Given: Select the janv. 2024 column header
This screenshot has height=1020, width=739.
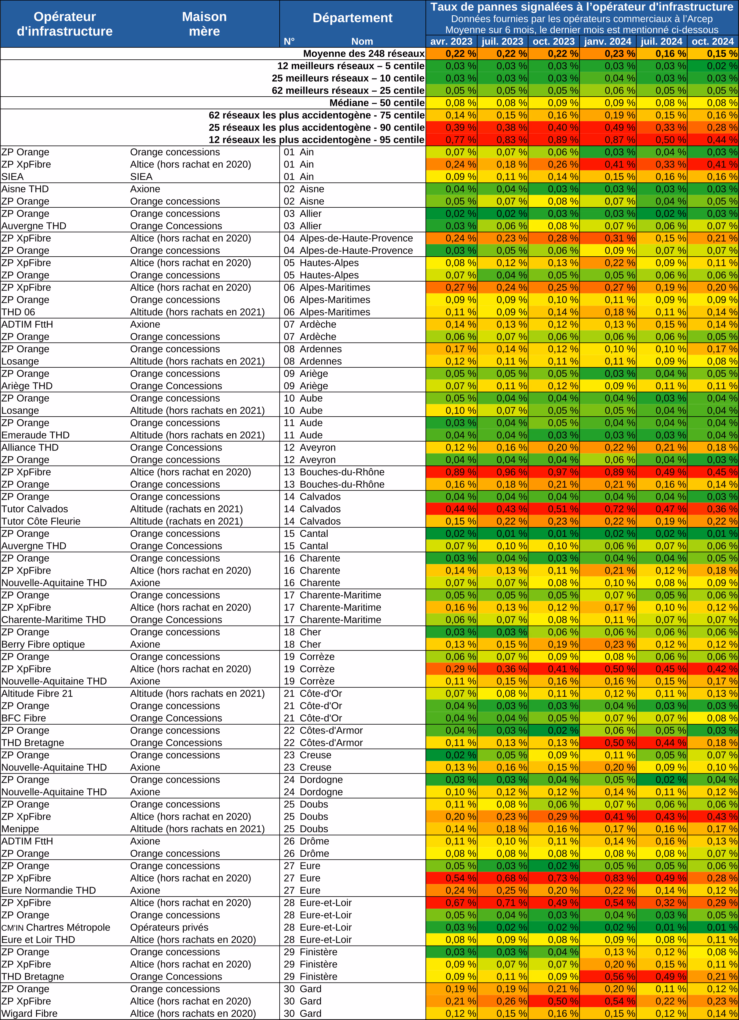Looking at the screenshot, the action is point(608,41).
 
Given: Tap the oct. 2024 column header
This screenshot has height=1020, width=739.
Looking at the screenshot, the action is point(713,41).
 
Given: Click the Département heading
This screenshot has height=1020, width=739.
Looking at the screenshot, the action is point(353,18).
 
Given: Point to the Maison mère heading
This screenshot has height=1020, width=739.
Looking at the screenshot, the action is point(204,24).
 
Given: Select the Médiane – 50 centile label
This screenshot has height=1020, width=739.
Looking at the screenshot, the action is point(377,103).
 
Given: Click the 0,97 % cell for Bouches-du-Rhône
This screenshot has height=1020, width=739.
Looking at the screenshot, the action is point(554,472).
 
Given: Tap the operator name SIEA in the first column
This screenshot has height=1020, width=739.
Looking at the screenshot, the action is point(13,177).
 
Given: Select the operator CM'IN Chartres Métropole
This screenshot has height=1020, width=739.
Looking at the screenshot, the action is point(56,927).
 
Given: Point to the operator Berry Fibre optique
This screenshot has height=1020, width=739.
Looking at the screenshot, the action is point(43,645).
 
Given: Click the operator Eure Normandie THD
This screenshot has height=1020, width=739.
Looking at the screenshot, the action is point(49,890).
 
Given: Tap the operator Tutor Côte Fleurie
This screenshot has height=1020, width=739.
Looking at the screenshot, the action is point(41,521).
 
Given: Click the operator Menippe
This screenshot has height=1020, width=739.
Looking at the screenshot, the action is point(20,829).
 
